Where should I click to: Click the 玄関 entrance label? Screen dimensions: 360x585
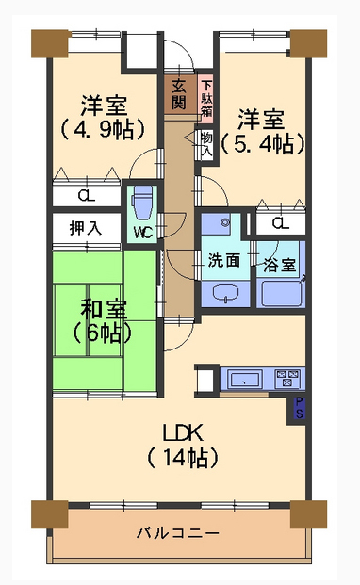coord(179,95)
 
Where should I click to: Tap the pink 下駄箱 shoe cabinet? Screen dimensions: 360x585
coord(205,96)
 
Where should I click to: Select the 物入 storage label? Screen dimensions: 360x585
coord(206,144)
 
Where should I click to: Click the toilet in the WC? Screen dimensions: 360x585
coord(141,203)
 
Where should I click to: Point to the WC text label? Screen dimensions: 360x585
coord(143,233)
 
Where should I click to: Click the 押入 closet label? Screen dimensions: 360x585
coord(86,228)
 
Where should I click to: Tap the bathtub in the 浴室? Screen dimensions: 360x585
coord(281,293)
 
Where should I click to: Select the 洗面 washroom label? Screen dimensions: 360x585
coord(224,260)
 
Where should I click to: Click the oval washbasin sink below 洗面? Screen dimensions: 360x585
coord(225,292)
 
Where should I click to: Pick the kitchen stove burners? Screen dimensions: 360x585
coord(287,379)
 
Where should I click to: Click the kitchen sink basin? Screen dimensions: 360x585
coord(244,380)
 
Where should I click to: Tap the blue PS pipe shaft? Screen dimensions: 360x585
coord(299,408)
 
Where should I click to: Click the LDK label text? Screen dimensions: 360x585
coord(183,432)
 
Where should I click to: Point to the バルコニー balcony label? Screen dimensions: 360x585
coord(177,533)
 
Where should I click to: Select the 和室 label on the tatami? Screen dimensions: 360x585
coord(104,309)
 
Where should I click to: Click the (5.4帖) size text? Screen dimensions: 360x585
coord(263,143)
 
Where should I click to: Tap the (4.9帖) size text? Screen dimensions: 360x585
coord(102,129)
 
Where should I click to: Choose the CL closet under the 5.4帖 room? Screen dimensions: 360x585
coord(280,223)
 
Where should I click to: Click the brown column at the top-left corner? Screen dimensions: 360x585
coord(51,43)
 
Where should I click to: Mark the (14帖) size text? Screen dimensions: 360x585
coord(183,458)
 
